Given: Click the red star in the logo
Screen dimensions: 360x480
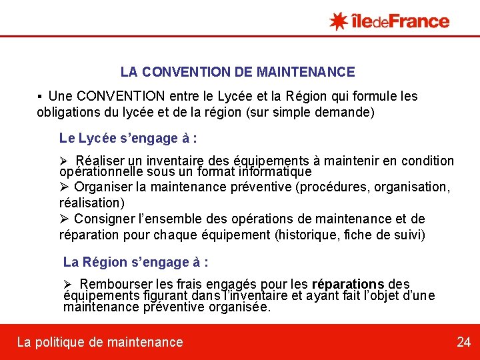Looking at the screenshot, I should [x=339, y=21].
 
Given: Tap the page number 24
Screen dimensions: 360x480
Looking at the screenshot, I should [x=463, y=342].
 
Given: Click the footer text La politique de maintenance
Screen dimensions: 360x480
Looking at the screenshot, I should [x=100, y=342].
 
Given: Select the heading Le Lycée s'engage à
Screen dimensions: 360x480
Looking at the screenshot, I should [x=128, y=139].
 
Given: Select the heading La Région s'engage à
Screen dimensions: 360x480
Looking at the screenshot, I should [x=136, y=261].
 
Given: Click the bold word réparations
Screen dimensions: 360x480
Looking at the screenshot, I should [x=348, y=285].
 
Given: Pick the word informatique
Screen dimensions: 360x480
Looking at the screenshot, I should [x=273, y=171].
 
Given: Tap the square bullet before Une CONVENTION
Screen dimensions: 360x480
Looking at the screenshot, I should [x=41, y=97].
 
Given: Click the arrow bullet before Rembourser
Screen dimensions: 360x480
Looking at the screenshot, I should [x=68, y=285].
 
